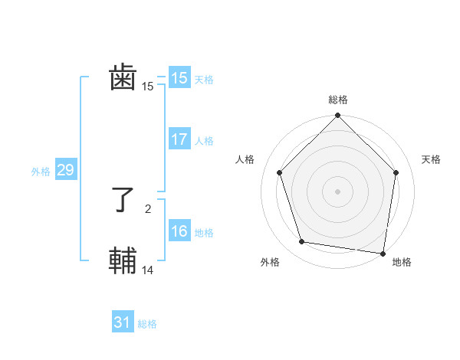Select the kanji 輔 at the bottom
[123, 260]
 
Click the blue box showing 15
[179, 78]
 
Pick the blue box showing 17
[179, 139]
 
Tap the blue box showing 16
[179, 231]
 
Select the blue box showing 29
[65, 170]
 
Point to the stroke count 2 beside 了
[148, 208]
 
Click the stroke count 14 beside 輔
[148, 270]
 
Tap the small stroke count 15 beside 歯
[148, 87]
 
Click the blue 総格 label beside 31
[147, 325]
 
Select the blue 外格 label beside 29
[41, 172]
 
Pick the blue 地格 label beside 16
[204, 233]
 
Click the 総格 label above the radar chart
[338, 100]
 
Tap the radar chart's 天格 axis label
[432, 159]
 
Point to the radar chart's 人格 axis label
[245, 159]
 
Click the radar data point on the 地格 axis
[383, 253]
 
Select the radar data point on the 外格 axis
[302, 242]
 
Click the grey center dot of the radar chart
[337, 191]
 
